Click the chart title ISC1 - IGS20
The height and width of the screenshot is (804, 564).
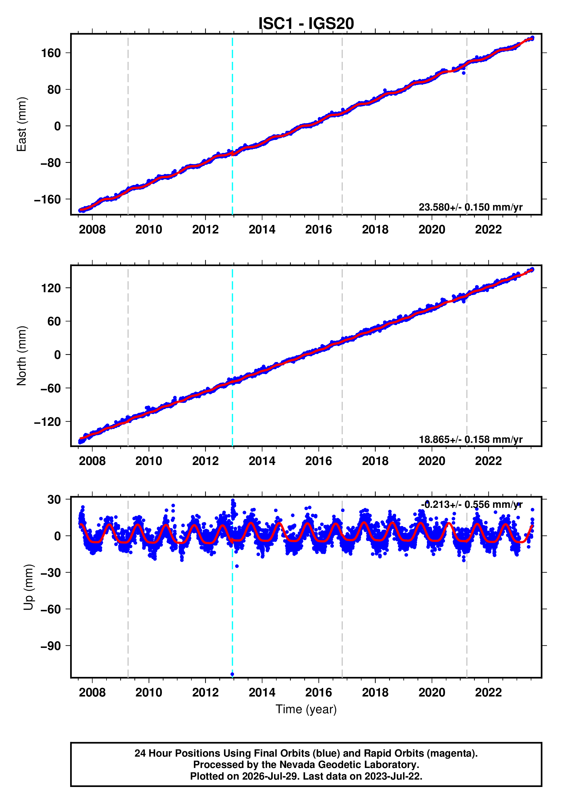coord(306,24)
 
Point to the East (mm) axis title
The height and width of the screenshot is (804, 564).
coord(21,124)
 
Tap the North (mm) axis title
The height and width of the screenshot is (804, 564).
coord(21,356)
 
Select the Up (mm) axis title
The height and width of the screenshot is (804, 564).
coord(28,587)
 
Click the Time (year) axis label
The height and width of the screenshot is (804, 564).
coord(306,709)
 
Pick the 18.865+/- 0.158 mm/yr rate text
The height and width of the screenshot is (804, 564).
coord(470,439)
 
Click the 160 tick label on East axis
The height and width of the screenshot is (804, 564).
coord(51,53)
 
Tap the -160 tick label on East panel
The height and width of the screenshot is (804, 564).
coord(47,199)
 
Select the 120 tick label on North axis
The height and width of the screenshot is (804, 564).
coord(51,288)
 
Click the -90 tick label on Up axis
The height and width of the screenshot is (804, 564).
coord(51,646)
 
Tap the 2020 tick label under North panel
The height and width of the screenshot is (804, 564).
coord(432,461)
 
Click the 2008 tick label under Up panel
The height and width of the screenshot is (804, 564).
coord(92,692)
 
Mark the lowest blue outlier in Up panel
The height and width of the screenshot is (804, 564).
coord(232,674)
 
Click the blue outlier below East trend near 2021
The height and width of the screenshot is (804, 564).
coord(464,73)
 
